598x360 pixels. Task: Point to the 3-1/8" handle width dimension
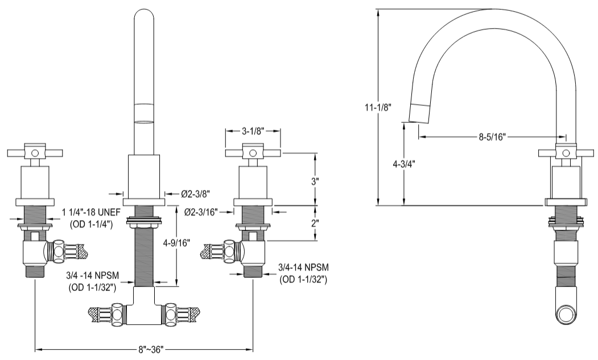pyautogui.click(x=253, y=131)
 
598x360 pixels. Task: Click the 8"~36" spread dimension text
pyautogui.click(x=145, y=347)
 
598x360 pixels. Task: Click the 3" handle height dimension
pyautogui.click(x=315, y=180)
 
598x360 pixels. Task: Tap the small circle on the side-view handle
pyautogui.click(x=566, y=153)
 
